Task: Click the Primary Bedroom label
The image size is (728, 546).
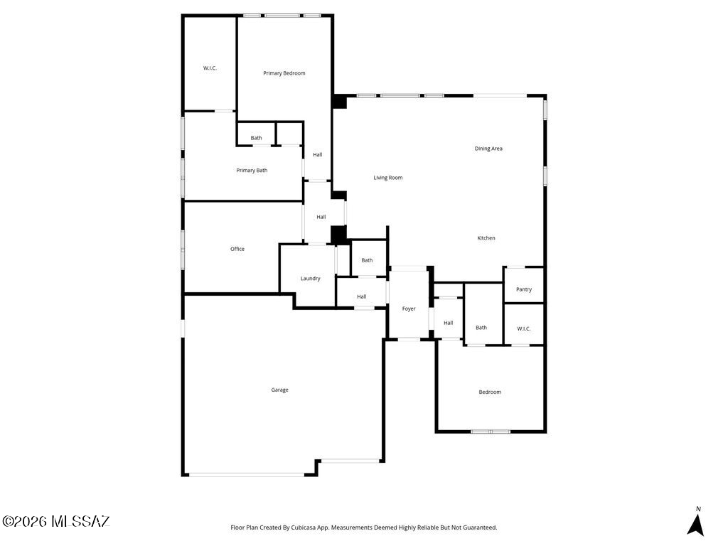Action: tap(284, 73)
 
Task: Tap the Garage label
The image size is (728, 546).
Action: tap(279, 390)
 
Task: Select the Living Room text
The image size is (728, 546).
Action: tap(388, 177)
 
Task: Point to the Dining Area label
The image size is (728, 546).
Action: tap(488, 149)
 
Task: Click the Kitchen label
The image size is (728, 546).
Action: tap(486, 238)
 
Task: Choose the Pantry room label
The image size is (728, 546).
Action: tap(524, 289)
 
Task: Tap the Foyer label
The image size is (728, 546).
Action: tap(409, 309)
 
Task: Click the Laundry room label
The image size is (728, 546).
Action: tap(310, 279)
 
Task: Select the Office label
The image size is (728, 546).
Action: tap(237, 249)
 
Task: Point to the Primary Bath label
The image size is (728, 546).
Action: tap(252, 171)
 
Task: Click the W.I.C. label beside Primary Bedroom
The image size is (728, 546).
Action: tap(210, 68)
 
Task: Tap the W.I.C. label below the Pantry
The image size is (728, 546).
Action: tap(524, 328)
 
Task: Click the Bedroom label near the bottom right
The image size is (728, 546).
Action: tap(490, 392)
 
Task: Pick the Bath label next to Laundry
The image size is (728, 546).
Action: tap(367, 260)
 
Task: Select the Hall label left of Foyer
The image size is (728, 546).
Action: tap(362, 296)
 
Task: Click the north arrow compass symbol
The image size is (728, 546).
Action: tap(695, 523)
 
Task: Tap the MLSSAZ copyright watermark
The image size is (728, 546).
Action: tap(55, 521)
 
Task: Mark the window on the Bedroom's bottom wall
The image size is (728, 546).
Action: tap(491, 432)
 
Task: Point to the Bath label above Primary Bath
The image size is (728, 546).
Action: tap(256, 138)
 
